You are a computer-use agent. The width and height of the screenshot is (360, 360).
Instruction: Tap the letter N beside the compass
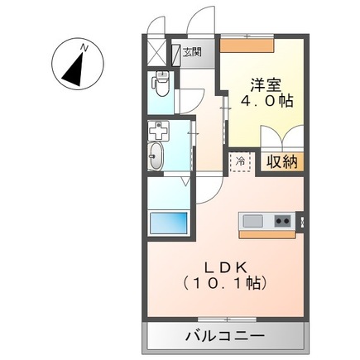pyautogui.click(x=84, y=50)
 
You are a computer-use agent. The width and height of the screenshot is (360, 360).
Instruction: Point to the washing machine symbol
pyautogui.click(x=159, y=132)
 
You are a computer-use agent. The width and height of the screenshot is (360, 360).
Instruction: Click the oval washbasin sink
pyautogui.click(x=157, y=155)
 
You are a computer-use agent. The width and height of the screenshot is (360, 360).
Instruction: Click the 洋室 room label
pyautogui.click(x=265, y=84)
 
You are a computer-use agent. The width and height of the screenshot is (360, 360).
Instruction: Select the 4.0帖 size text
pyautogui.click(x=265, y=103)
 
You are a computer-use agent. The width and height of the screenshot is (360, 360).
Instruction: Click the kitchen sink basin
pyautogui.click(x=252, y=221)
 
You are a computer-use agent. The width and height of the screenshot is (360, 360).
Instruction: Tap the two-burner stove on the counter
pyautogui.click(x=282, y=221)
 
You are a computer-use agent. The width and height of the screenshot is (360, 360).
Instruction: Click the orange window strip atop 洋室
pyautogui.click(x=248, y=39)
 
